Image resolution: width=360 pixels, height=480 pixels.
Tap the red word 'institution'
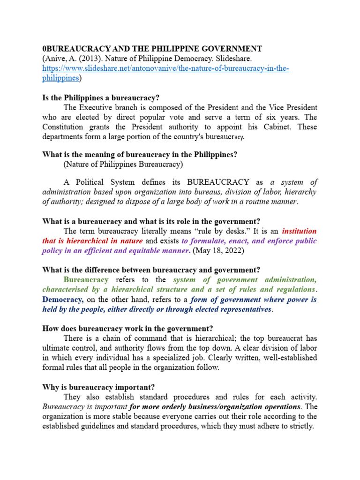click(299, 231)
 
